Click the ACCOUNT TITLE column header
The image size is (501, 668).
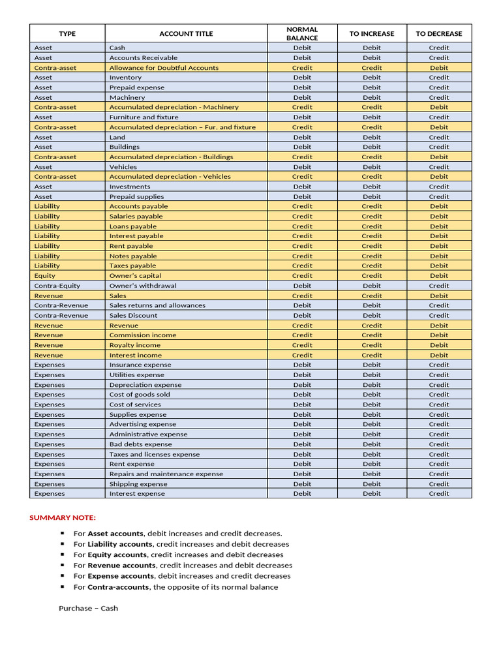coord(186,34)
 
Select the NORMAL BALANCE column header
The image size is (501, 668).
coord(302,34)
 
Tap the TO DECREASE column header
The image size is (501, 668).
coord(438,34)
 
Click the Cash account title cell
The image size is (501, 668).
coord(117,48)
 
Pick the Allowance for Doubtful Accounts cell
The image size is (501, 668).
coord(164,68)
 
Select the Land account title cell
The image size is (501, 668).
coord(117,138)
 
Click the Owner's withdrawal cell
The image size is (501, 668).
coord(143,286)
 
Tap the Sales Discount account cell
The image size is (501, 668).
coord(133,316)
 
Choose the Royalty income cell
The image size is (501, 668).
coord(134,345)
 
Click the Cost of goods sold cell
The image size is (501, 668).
coord(140,395)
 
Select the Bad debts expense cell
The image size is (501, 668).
coord(140,444)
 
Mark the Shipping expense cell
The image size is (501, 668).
coord(138,484)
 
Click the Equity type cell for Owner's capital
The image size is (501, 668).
coord(45,276)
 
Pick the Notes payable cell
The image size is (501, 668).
coord(133,256)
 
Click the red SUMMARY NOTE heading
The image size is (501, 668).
coord(63,518)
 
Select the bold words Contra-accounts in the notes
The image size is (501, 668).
coord(118,587)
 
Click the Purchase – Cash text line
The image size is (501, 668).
coord(88,609)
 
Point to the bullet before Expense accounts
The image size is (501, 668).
coord(63,576)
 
